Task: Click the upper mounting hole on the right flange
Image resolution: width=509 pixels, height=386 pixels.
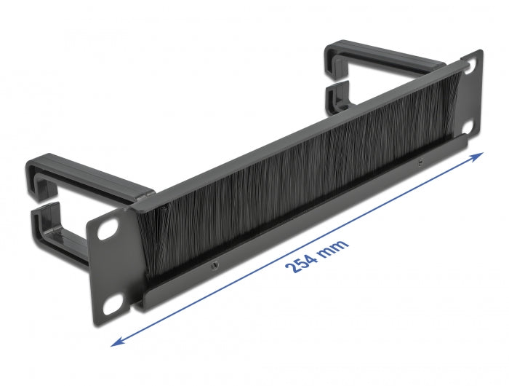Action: (x=470, y=65)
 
